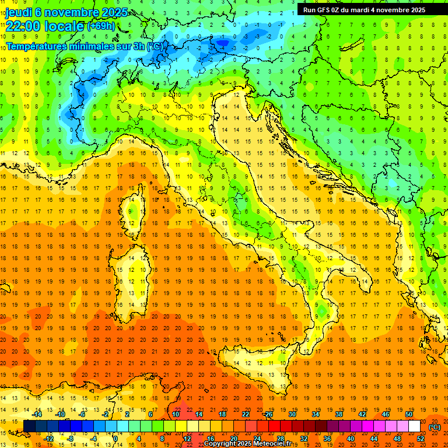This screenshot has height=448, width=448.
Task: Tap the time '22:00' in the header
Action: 23,26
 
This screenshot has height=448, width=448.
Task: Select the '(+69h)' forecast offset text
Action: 101,26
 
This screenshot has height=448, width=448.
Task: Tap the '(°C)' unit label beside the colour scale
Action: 435,427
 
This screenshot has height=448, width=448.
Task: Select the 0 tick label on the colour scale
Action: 115,439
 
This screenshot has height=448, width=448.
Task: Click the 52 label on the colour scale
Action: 421,439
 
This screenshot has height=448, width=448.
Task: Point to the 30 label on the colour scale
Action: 292,414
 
